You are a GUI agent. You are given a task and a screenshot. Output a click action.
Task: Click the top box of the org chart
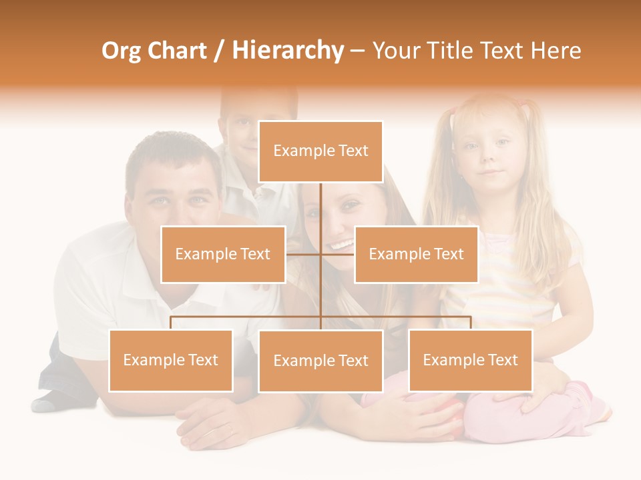[320, 151]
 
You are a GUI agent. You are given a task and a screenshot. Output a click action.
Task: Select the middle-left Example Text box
[223, 254]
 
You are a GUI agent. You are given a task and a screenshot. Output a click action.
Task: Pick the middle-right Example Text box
[416, 254]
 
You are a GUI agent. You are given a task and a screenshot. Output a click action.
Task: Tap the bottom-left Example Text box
[171, 361]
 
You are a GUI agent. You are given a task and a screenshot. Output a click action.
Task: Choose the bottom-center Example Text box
[320, 361]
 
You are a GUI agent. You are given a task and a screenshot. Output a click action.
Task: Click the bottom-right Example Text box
[470, 361]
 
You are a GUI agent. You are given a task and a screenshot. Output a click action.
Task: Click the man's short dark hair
[172, 150]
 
